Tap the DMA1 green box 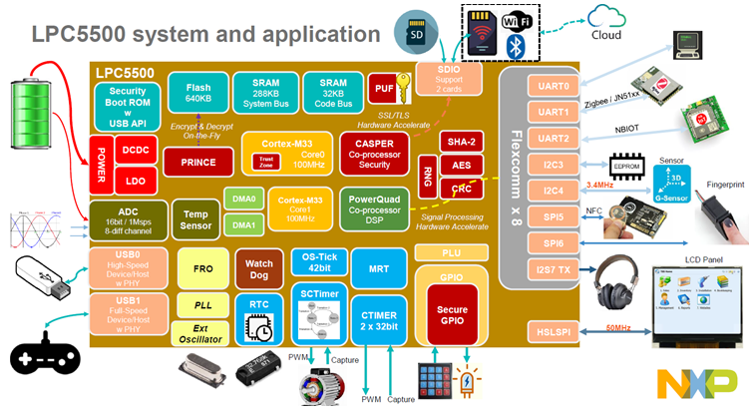[x=244, y=226]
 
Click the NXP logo [x=697, y=382]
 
